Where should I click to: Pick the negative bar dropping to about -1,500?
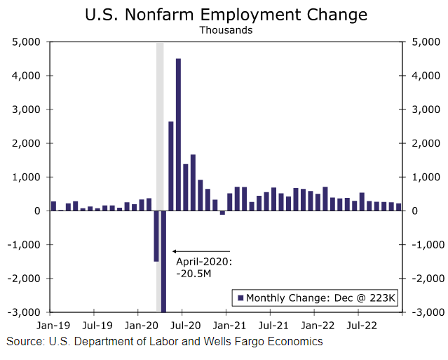(156, 236)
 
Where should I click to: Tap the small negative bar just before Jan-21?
(222, 213)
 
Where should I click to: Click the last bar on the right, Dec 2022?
(399, 207)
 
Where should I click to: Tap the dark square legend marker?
(240, 298)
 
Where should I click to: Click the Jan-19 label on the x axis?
(53, 326)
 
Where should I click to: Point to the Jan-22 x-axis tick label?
(318, 326)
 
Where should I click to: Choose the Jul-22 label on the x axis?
(362, 326)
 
